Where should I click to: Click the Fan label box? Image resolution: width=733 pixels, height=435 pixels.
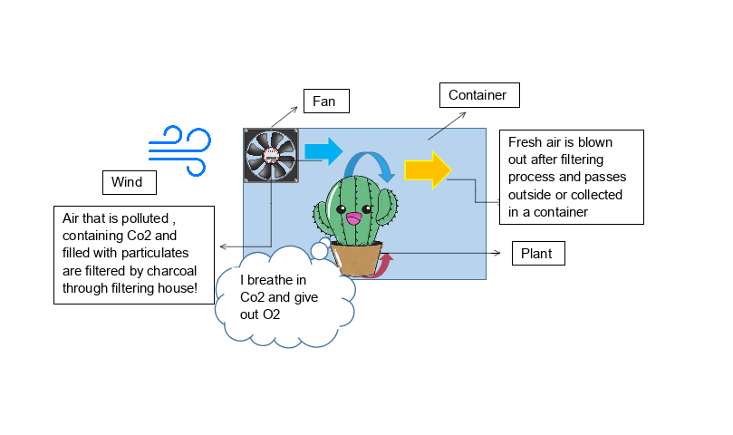324,101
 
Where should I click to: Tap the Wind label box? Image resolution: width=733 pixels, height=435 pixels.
128,183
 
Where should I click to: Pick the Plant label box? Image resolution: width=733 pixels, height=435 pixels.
538,254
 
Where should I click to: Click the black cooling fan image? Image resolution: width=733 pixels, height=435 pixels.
273,155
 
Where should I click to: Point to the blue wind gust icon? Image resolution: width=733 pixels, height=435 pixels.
180,150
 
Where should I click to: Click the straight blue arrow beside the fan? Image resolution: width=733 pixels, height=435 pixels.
323,150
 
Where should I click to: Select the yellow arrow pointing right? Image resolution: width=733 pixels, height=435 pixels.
428,169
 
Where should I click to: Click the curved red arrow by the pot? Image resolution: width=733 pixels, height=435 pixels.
385,265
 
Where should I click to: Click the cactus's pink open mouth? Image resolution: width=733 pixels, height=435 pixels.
354,220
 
